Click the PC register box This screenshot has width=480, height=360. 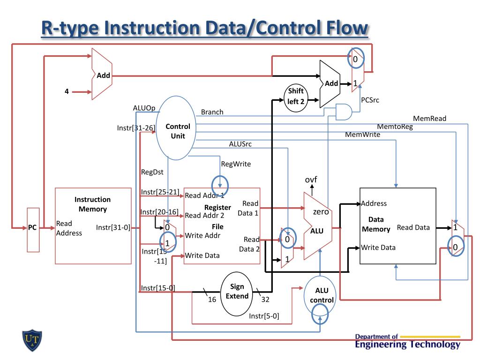[32, 228]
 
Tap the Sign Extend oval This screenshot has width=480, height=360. [237, 292]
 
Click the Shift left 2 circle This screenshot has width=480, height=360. [296, 96]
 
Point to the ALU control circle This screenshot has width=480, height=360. [321, 295]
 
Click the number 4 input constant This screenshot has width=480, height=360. [67, 92]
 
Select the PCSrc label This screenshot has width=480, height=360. [370, 100]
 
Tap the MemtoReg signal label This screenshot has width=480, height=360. [395, 127]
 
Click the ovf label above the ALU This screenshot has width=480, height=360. [311, 180]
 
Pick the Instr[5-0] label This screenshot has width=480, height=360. [264, 316]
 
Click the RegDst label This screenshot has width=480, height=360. [152, 172]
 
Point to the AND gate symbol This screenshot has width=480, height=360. [344, 112]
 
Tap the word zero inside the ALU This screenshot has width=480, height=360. [321, 212]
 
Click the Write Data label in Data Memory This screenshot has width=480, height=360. [378, 247]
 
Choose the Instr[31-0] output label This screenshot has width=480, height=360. [113, 228]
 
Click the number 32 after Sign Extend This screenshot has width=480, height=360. [265, 300]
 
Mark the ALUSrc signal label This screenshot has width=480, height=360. [240, 144]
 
